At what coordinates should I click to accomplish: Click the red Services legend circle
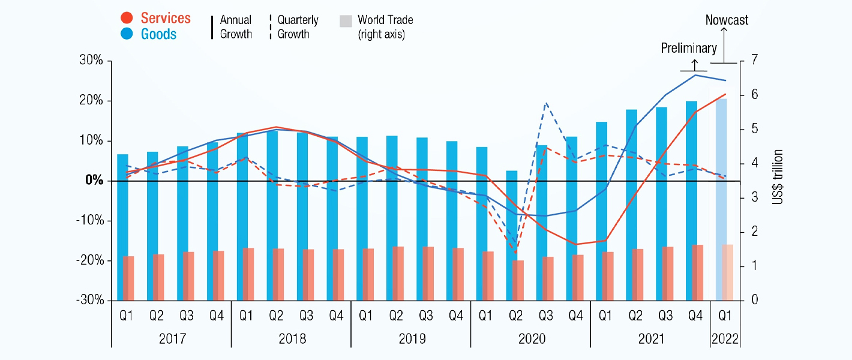pos(127,19)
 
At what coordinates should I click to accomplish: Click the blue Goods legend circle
pos(127,34)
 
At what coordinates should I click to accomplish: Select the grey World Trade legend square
pos(345,21)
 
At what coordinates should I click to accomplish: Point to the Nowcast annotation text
pos(727,20)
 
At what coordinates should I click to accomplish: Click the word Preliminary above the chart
pos(689,48)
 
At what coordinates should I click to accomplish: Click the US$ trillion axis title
pos(778,178)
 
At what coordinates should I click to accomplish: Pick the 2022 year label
pos(725,339)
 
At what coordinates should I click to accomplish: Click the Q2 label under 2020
pos(515,316)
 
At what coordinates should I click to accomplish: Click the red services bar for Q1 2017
pos(128,278)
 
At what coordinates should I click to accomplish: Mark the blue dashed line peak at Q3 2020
pos(545,103)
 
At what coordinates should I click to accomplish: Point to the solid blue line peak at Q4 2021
pos(695,75)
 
